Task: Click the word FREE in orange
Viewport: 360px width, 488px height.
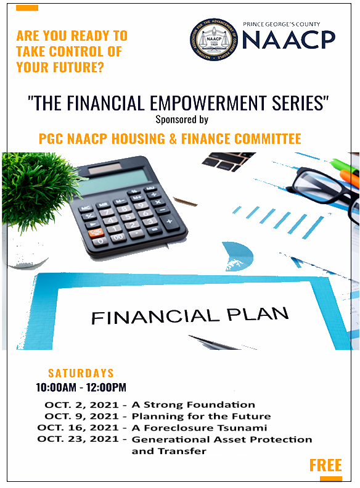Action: [x=325, y=465]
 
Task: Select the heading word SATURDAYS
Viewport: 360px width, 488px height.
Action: [x=81, y=373]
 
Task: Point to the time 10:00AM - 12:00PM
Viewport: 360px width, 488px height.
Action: [x=81, y=388]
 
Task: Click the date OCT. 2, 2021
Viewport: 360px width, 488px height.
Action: [x=82, y=405]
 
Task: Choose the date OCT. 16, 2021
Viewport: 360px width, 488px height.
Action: [x=79, y=428]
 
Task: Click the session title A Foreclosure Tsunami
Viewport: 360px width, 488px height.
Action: [x=199, y=428]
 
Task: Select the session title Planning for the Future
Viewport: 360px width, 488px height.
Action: [x=201, y=416]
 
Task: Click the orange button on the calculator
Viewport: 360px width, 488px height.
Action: [x=96, y=233]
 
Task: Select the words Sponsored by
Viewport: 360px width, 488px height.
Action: [x=182, y=119]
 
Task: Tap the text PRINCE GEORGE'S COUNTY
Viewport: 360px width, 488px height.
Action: [x=282, y=25]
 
